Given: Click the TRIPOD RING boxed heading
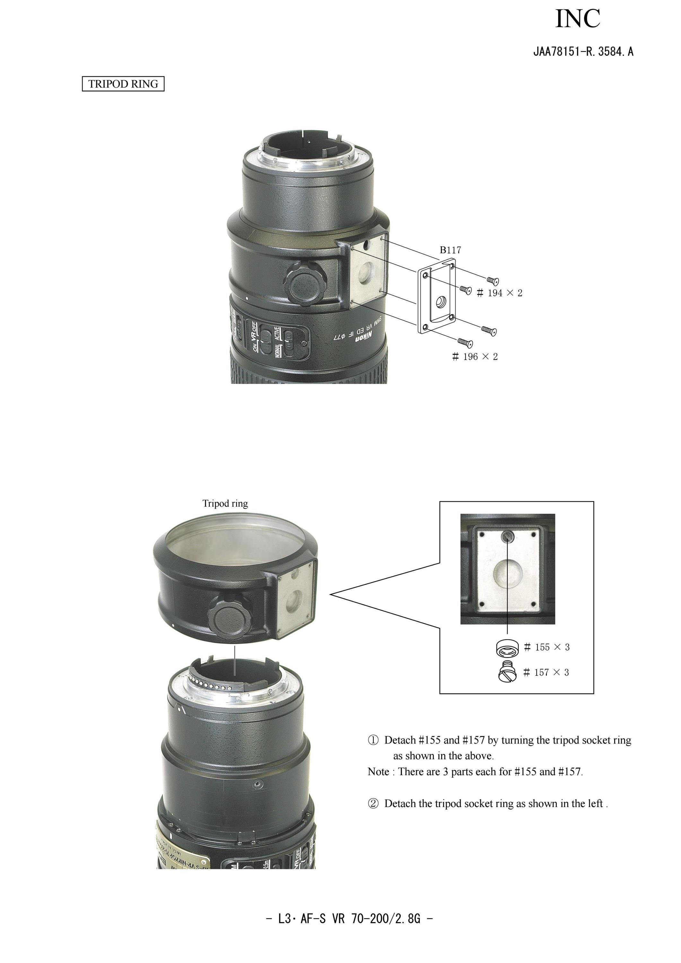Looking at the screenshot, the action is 123,84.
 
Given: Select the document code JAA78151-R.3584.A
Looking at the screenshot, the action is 583,52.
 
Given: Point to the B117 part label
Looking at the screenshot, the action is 450,250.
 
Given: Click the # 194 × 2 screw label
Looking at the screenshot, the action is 499,293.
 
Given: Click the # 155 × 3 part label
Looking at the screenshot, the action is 547,647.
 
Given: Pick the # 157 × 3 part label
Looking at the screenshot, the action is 546,673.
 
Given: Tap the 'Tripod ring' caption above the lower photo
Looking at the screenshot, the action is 225,503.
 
